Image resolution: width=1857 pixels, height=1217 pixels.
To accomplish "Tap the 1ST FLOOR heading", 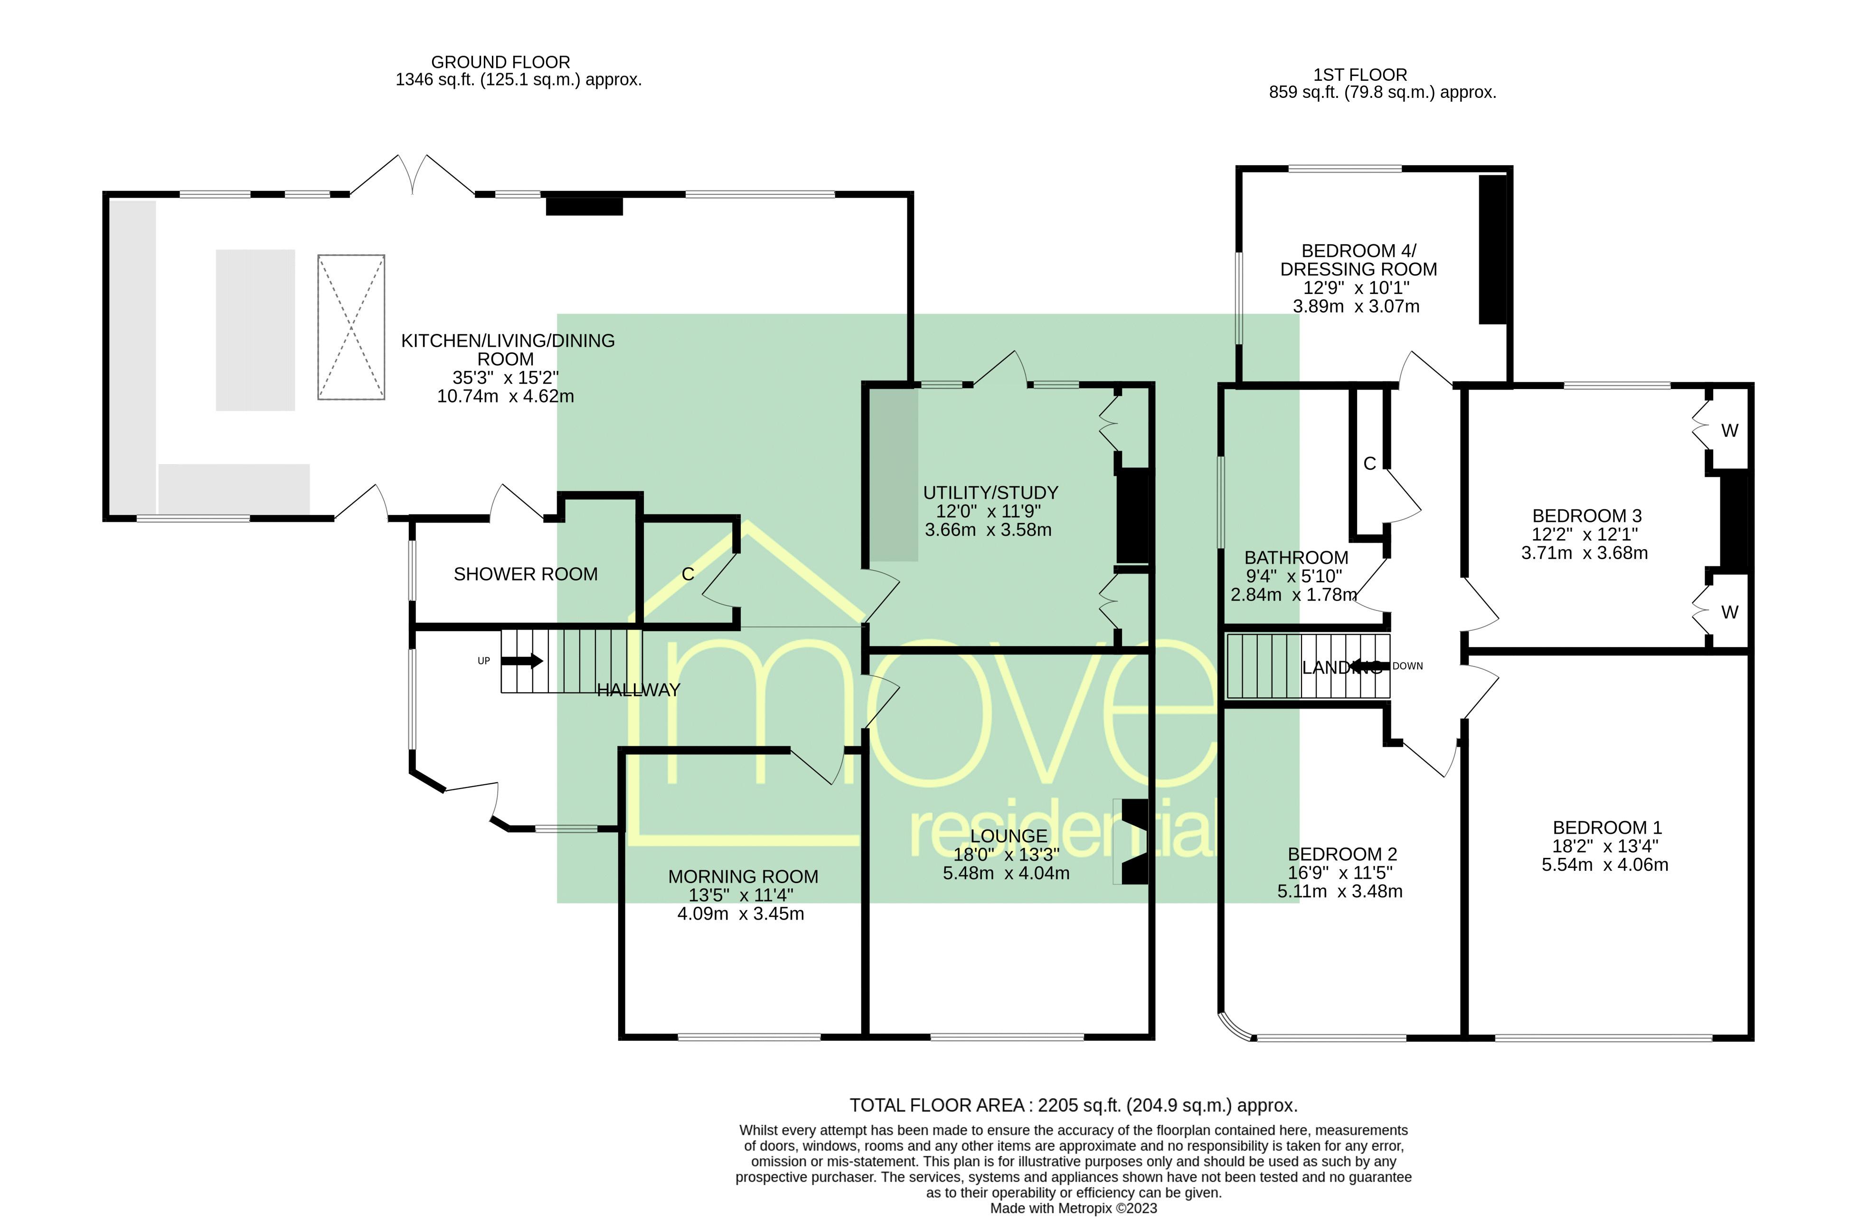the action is click(x=1360, y=75).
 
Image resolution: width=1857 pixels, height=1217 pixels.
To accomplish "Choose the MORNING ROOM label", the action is click(x=743, y=876).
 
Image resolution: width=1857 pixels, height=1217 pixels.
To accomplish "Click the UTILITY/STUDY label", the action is click(x=990, y=493).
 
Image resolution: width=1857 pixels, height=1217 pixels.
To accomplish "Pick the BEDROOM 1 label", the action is click(x=1607, y=827).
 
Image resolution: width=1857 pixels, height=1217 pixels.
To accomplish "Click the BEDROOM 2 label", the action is click(x=1342, y=854).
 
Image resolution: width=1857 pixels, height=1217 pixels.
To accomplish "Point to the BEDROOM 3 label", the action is click(x=1587, y=516).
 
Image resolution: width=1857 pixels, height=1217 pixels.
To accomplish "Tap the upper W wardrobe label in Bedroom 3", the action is click(x=1730, y=431).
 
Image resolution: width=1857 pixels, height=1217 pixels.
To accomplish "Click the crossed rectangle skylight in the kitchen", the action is click(x=351, y=327).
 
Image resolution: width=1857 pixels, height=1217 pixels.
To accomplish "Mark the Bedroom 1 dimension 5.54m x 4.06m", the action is click(x=1605, y=865).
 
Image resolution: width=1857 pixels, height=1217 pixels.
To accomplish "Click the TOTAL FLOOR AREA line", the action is click(x=1074, y=1105).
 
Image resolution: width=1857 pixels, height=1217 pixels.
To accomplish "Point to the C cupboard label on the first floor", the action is click(x=1369, y=464).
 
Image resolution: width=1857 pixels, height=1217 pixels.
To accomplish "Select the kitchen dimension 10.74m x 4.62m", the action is click(x=506, y=397).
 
